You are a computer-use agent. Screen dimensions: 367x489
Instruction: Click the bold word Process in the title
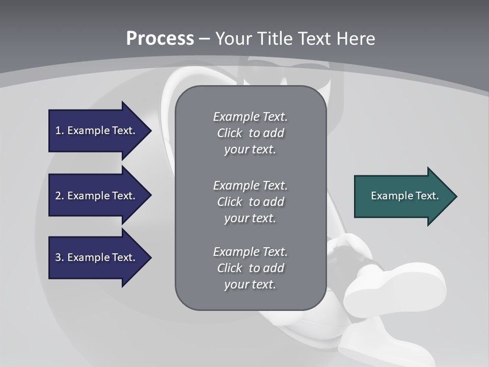pyautogui.click(x=160, y=39)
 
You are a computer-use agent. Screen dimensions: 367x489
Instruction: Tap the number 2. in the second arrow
pyautogui.click(x=60, y=196)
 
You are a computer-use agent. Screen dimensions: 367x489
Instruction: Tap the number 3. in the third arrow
pyautogui.click(x=60, y=257)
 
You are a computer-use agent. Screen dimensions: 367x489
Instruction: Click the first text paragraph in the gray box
pyautogui.click(x=250, y=133)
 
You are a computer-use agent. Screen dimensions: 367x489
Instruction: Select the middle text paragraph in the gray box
pyautogui.click(x=250, y=202)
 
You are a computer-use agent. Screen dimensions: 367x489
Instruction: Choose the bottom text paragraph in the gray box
pyautogui.click(x=250, y=268)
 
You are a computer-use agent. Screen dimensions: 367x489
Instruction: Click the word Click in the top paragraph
pyautogui.click(x=229, y=133)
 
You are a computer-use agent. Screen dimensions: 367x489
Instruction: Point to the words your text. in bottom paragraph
pyautogui.click(x=250, y=284)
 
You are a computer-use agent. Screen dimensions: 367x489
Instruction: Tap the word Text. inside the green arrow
pyautogui.click(x=427, y=196)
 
